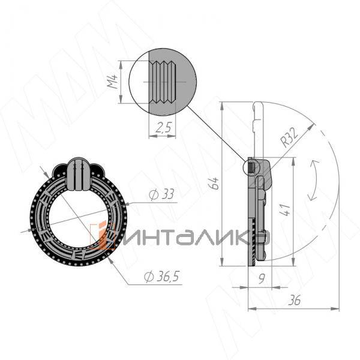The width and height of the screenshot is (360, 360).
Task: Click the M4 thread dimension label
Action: (113, 79)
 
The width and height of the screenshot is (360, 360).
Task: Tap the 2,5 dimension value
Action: (163, 127)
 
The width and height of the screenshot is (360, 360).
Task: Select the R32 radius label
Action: (290, 137)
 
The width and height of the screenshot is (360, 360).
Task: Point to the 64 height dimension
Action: (214, 183)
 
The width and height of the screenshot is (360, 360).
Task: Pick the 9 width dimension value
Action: (262, 278)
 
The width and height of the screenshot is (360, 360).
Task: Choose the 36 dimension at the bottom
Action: (295, 300)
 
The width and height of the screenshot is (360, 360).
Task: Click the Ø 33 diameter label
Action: (161, 194)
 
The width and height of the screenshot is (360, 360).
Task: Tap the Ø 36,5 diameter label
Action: (161, 276)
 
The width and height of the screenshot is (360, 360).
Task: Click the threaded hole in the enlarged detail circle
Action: (163, 82)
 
